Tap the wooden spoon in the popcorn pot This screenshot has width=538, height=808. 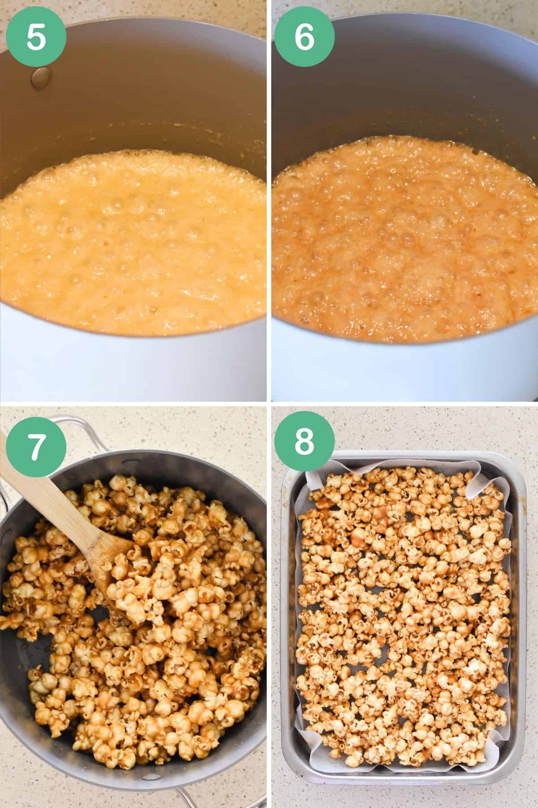[x=58, y=507]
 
